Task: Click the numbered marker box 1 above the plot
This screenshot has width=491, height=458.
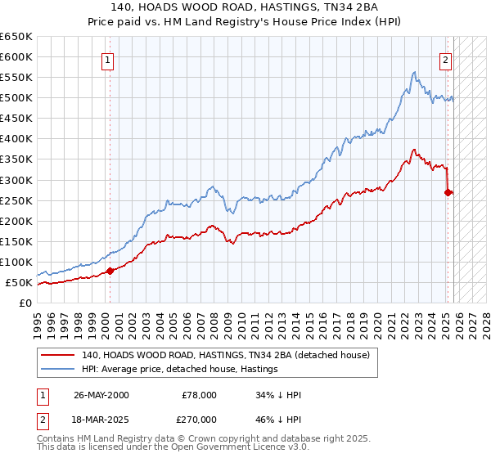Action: coord(108,59)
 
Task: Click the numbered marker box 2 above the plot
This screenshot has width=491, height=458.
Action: coord(446,59)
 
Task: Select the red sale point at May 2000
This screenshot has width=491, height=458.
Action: coord(110,271)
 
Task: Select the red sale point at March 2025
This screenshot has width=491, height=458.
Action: coord(448,193)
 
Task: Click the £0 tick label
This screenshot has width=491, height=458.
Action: coord(26,303)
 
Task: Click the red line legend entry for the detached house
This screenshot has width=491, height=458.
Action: coord(226,356)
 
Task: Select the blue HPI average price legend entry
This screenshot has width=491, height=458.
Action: coord(179,370)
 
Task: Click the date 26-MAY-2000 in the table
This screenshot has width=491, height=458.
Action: coord(101,395)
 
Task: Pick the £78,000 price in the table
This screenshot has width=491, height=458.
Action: coord(198,395)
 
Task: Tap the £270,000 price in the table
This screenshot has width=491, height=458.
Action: coord(198,418)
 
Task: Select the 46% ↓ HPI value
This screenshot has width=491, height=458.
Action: coord(278,418)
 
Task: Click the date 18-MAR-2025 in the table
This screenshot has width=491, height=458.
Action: coord(101,418)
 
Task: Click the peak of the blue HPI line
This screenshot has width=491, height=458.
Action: coord(415,72)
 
